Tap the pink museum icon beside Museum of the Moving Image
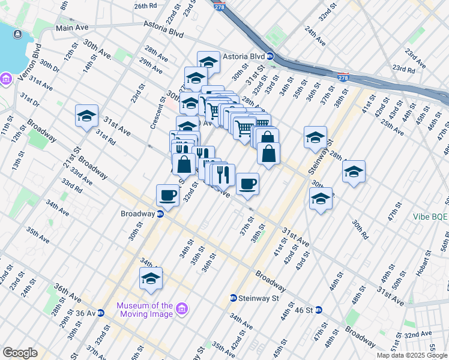coord(182,310)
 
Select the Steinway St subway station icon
coord(234,298)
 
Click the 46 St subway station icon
coord(319,310)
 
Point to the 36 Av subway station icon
coord(101,312)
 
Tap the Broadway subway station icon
coord(161,214)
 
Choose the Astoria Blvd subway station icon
coord(270,56)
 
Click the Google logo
coord(20,352)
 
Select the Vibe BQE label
coord(430,217)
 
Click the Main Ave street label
coord(71,28)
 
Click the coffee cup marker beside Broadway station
coord(167,196)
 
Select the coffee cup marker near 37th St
coord(247,184)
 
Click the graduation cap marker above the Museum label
coord(151,279)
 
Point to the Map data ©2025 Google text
coord(411,355)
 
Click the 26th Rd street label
coord(145,6)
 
